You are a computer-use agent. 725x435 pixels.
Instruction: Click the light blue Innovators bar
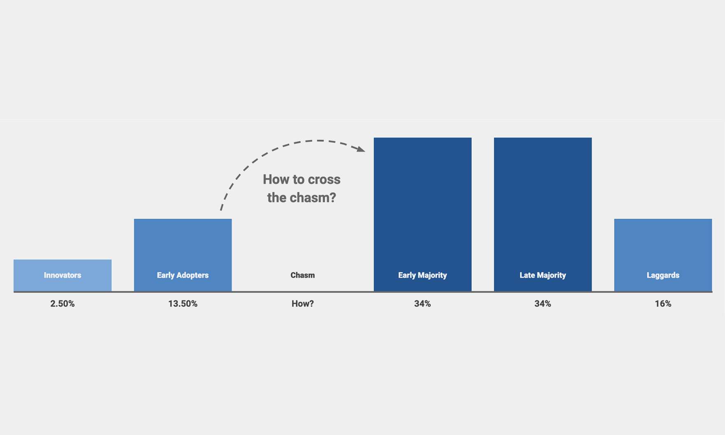tap(63, 275)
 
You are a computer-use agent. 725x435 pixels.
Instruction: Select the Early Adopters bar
tap(183, 255)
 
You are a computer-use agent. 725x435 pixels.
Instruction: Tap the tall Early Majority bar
tap(423, 214)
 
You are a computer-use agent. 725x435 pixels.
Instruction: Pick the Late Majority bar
tap(543, 214)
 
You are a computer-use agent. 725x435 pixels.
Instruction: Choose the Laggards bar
tap(663, 255)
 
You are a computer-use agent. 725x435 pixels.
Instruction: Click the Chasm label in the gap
tap(303, 275)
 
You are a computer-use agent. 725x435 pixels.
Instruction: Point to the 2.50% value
tap(63, 304)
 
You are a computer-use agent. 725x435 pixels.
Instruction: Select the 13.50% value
tap(183, 304)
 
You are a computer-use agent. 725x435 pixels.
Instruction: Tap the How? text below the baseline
tap(303, 304)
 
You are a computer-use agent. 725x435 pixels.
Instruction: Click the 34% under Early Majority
tap(423, 304)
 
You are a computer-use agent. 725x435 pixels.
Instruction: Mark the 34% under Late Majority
tap(543, 304)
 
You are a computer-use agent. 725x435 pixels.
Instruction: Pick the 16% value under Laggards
tap(663, 304)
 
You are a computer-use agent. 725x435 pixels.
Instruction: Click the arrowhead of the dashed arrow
tap(361, 149)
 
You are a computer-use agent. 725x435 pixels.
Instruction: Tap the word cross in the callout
tap(323, 180)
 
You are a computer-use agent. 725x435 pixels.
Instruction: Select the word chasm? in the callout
tap(313, 198)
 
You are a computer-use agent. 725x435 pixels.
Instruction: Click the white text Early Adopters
tap(183, 275)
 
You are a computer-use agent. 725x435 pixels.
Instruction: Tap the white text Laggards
tap(663, 275)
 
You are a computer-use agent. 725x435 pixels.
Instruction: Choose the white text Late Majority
tap(543, 275)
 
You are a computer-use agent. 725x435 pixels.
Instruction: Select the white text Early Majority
tap(423, 275)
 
